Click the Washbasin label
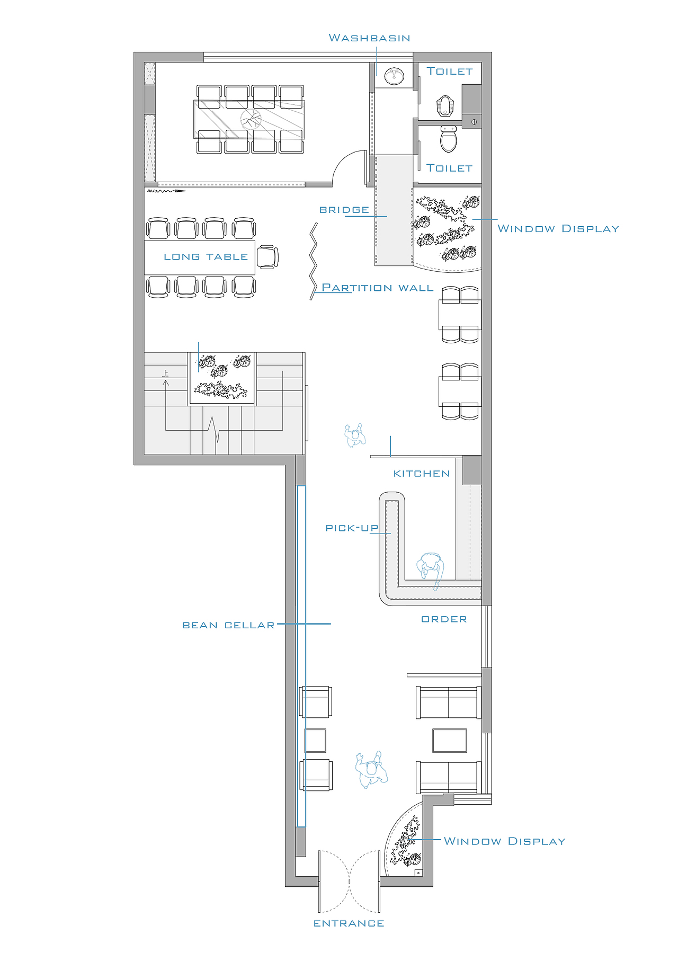pos(369,38)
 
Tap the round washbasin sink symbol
pos(394,76)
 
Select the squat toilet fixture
pos(445,105)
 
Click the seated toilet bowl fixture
pos(449,139)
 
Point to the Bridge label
pos(344,210)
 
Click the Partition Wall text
pos(378,288)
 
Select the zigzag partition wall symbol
pos(314,261)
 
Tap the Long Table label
pos(206,257)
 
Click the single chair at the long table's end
pos(267,257)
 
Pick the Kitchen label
pos(422,474)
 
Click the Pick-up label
pos(352,528)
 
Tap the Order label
pos(444,619)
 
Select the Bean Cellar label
pos(228,626)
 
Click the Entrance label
pos(349,924)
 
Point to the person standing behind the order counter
pos(430,570)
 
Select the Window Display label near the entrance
pos(504,841)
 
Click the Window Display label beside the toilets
pos(558,229)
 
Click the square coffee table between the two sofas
pos(450,741)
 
